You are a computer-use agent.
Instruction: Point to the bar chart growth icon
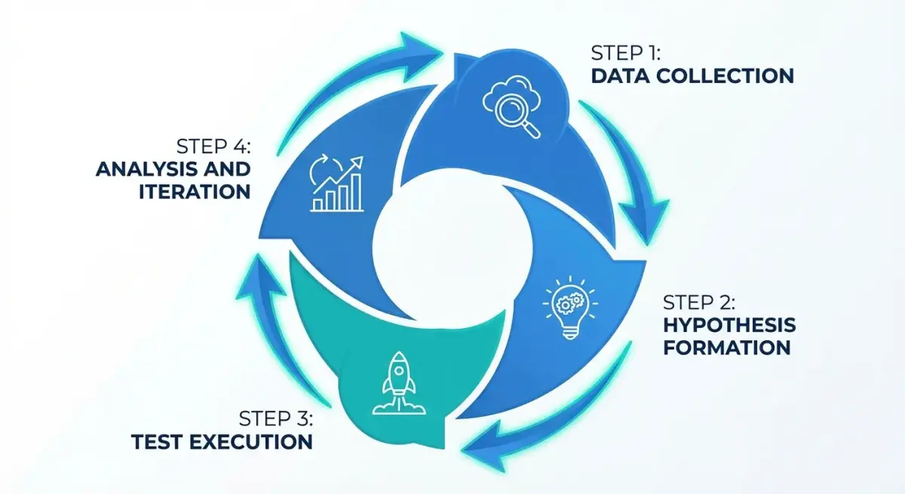[x=336, y=183]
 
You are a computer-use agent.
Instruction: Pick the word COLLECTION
[x=727, y=76]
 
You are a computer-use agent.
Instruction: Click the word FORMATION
[x=726, y=348]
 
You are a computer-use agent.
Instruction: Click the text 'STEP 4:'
[x=213, y=146]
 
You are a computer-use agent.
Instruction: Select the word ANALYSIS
[x=144, y=168]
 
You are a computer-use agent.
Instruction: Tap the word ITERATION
[x=194, y=191]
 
